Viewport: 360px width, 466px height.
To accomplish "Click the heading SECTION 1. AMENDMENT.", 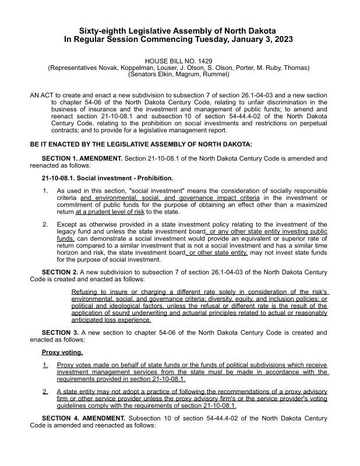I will (82, 158).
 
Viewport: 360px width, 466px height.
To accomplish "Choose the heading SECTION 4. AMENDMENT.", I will (82, 418).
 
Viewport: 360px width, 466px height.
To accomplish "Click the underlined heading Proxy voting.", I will (62, 352).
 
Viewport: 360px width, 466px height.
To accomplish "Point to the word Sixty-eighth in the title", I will (104, 30).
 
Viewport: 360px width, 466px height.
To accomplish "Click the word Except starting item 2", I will (68, 224).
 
